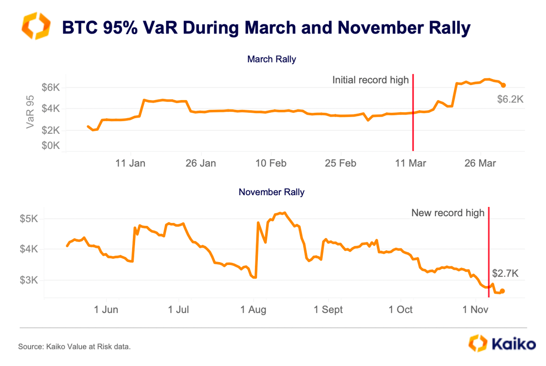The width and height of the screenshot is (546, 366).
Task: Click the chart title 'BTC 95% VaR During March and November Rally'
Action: click(x=266, y=28)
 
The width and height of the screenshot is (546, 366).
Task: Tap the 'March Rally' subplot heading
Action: click(x=272, y=60)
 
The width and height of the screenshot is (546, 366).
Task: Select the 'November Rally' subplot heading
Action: click(x=272, y=192)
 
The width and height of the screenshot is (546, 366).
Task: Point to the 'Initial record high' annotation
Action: click(x=370, y=80)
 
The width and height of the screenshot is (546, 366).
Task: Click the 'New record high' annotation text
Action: click(x=448, y=213)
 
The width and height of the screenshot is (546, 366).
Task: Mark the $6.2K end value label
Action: click(x=510, y=99)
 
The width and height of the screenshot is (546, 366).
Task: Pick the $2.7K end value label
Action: click(x=505, y=273)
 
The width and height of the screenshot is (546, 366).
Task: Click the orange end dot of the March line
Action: click(x=504, y=85)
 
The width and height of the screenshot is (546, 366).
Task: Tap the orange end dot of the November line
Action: click(x=502, y=291)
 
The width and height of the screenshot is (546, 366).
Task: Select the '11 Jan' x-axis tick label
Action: click(x=130, y=163)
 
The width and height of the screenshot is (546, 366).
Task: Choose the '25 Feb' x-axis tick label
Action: click(x=341, y=163)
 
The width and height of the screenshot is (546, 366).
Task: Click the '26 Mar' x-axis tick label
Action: click(x=480, y=163)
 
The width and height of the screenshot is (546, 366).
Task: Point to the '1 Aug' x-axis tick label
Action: click(x=253, y=309)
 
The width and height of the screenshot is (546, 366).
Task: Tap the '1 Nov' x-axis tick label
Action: click(x=475, y=309)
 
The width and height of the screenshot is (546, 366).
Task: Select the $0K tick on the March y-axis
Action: click(x=50, y=145)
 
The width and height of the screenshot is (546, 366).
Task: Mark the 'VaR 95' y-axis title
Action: click(x=30, y=112)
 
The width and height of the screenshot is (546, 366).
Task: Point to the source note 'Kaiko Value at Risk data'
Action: click(x=75, y=347)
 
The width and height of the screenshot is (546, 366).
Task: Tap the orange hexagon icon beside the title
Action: click(x=36, y=27)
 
